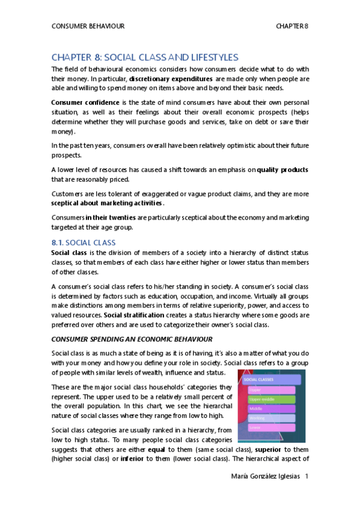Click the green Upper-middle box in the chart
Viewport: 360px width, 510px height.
pyautogui.click(x=272, y=399)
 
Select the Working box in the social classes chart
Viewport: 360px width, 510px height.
pyautogui.click(x=272, y=417)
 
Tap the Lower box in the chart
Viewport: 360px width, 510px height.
pyautogui.click(x=272, y=427)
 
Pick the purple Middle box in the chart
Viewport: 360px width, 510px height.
pyautogui.click(x=272, y=408)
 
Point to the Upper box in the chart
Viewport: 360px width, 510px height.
pyautogui.click(x=272, y=390)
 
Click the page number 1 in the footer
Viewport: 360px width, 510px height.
pyautogui.click(x=307, y=476)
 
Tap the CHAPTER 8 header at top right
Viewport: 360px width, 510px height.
pyautogui.click(x=291, y=26)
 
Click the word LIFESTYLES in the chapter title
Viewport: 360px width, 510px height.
pyautogui.click(x=211, y=57)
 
